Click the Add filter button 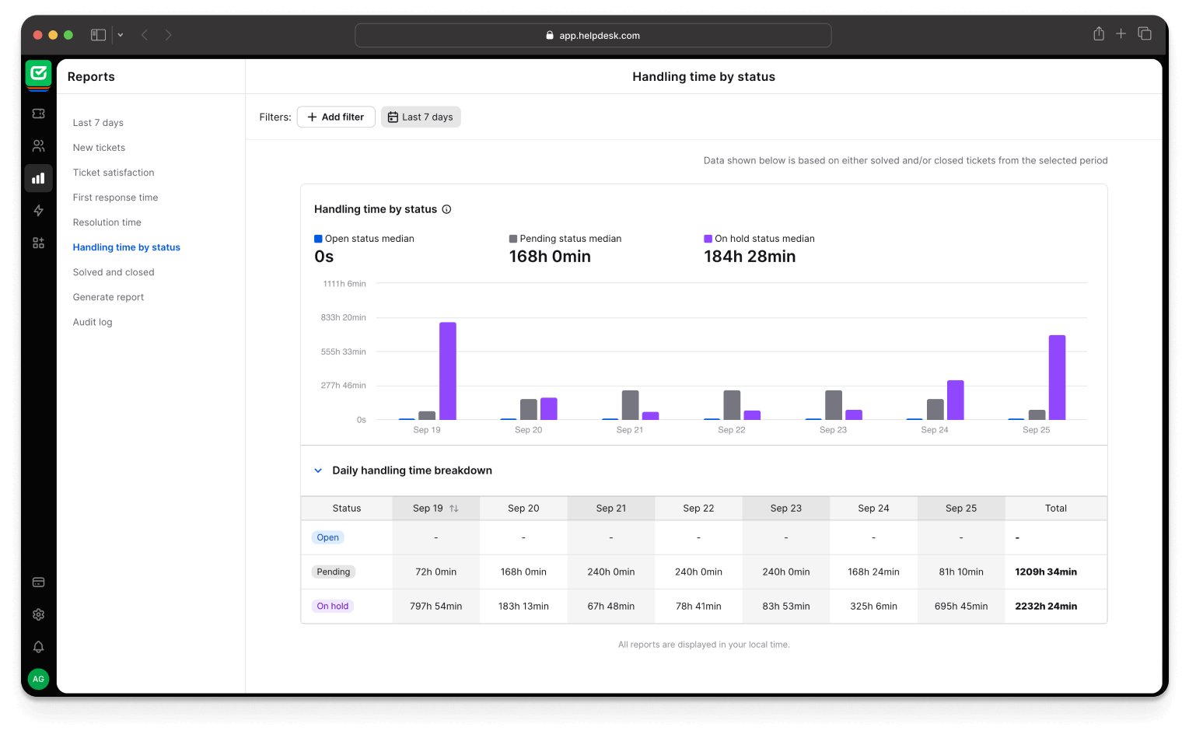click(336, 117)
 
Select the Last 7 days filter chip click(421, 117)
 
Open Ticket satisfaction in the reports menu click(114, 173)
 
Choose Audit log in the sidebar click(93, 322)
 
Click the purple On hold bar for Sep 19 click(448, 371)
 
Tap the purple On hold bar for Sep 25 click(1057, 377)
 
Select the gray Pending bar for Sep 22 click(732, 404)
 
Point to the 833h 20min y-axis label click(343, 317)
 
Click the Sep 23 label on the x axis click(833, 430)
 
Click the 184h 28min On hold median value click(750, 257)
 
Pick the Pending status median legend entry click(565, 239)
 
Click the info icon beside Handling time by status click(446, 209)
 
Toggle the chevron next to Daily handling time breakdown click(318, 470)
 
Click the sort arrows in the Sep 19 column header click(454, 509)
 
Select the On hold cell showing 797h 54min click(436, 606)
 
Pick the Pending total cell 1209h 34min click(1046, 572)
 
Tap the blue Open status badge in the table click(327, 537)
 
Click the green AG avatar click(38, 679)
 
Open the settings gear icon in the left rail click(38, 614)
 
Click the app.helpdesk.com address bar click(593, 35)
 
